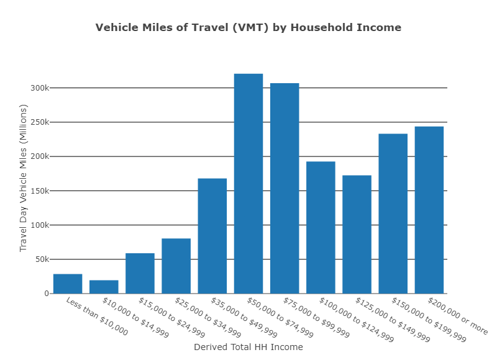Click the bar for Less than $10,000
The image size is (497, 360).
tap(68, 284)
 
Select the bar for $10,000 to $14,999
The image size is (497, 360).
tap(104, 287)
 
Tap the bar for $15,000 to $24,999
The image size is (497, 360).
tap(140, 273)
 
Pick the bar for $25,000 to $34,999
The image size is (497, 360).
tap(176, 266)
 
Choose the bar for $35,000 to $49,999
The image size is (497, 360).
tap(212, 236)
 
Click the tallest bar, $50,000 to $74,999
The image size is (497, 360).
tap(248, 184)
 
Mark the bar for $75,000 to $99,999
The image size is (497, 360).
tap(285, 188)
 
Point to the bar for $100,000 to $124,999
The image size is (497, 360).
tap(321, 227)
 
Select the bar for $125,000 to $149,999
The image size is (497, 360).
tap(357, 234)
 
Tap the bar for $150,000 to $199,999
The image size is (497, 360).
tap(393, 214)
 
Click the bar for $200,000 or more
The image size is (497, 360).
tap(429, 210)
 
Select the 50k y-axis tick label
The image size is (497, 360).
tap(42, 259)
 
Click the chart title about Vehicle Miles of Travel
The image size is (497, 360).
tap(248, 27)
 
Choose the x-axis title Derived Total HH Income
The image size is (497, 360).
tap(248, 347)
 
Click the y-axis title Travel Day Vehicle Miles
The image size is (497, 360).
tap(24, 178)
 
